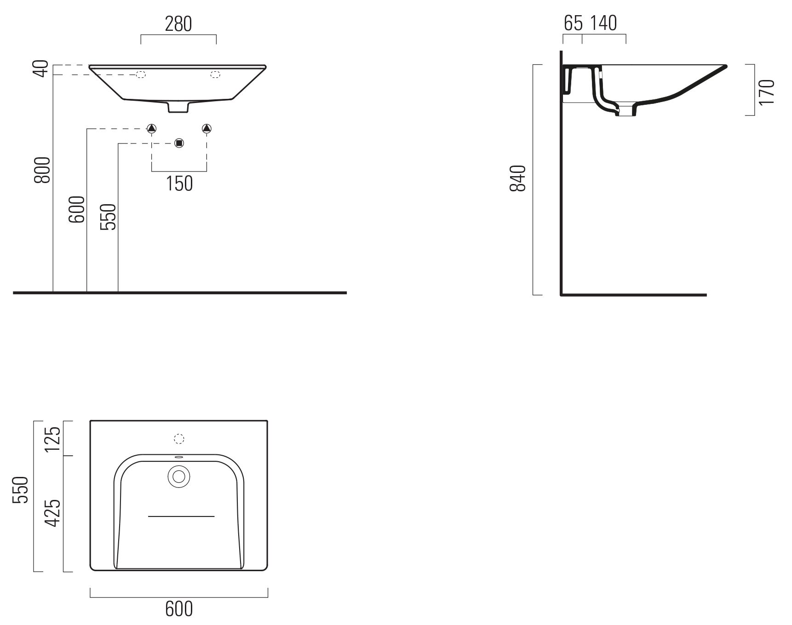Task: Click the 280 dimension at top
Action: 178,24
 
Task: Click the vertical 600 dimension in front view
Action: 77,209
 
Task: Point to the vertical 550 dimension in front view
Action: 109,217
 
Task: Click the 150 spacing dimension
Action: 179,183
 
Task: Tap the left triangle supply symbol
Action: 152,128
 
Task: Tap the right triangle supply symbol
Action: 207,128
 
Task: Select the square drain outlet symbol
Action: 179,143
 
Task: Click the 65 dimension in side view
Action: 573,23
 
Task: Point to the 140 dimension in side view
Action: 604,23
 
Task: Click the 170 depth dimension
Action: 767,92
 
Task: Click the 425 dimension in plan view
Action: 54,512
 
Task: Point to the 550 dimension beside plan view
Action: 22,490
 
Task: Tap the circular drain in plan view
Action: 179,476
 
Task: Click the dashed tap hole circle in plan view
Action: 179,439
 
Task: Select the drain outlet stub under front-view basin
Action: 178,107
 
